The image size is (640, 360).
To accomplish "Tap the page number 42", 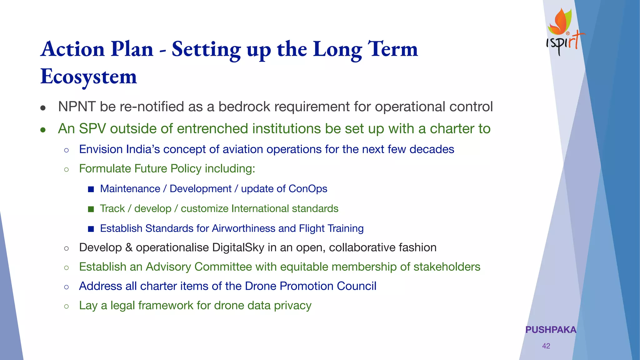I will point(546,346).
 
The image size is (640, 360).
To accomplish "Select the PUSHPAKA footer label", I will point(551,330).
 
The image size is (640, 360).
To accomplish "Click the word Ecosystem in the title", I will point(89,77).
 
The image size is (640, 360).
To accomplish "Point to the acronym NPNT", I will point(77,107).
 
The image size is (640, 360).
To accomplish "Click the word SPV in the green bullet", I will point(92,129).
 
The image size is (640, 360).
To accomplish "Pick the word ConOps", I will point(308,189).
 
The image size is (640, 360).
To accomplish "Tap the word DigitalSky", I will point(238,247).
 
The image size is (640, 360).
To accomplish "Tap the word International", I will point(256,208).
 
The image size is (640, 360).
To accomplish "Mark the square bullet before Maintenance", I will point(91,189).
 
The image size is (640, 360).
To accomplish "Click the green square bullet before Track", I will point(91,209).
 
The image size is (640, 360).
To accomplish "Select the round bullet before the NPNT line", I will point(43,108).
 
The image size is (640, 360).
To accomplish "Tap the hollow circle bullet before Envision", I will point(66,150).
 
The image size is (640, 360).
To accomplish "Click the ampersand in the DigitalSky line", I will point(129,247).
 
